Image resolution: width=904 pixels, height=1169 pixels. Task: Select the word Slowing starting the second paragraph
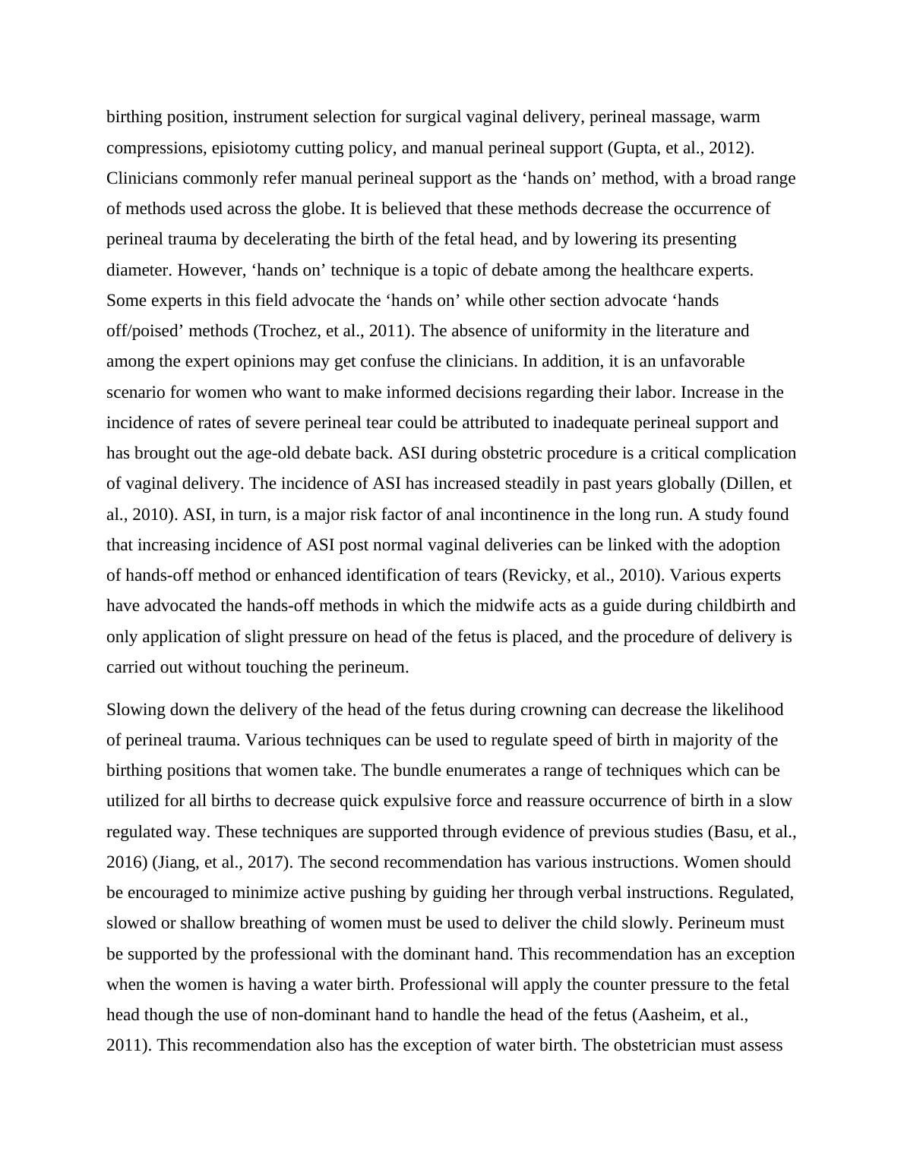click(x=134, y=710)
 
